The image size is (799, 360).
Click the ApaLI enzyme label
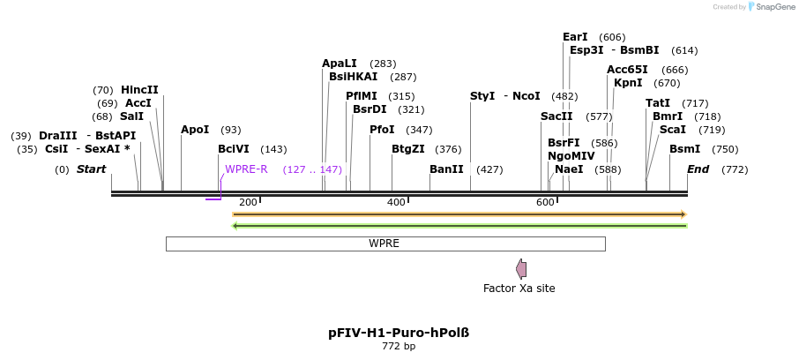click(340, 64)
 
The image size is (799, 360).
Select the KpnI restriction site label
click(628, 83)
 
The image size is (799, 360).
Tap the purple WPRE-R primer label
click(246, 169)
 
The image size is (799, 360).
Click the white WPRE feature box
click(385, 244)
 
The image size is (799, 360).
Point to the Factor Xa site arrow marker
click(521, 269)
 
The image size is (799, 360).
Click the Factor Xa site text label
click(519, 289)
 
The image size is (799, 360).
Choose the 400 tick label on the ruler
click(396, 203)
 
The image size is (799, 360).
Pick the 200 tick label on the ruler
click(248, 203)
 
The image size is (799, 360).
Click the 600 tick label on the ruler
click(545, 203)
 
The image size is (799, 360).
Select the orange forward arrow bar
click(459, 214)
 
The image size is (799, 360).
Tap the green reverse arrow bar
click(459, 226)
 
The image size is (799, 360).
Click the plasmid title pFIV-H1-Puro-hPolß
click(399, 334)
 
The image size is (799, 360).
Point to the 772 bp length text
click(399, 347)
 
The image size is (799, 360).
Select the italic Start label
click(91, 169)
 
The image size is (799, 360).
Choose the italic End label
click(698, 169)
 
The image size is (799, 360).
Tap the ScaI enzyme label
click(672, 130)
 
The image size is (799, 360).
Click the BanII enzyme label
click(446, 169)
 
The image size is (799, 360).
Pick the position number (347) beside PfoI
click(419, 130)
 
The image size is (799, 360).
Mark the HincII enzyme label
click(139, 90)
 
